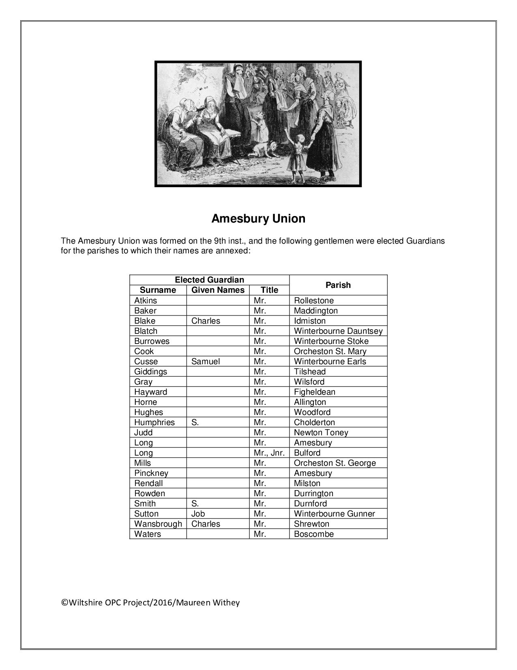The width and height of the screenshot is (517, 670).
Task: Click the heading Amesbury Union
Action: click(x=258, y=219)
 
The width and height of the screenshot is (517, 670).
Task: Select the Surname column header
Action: click(x=158, y=290)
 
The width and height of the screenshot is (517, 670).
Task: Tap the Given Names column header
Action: click(x=218, y=290)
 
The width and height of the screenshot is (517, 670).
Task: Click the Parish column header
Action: click(x=338, y=285)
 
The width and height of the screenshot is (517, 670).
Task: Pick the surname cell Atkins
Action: click(x=146, y=300)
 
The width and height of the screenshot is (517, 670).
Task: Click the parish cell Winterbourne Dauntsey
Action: click(x=338, y=331)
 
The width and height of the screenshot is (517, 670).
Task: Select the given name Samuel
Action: click(x=206, y=361)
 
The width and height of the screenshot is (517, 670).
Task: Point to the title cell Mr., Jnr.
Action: click(x=269, y=453)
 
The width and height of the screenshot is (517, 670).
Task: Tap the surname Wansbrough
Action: click(x=158, y=524)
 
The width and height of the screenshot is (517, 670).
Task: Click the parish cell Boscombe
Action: click(x=313, y=534)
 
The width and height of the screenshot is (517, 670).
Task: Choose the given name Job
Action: click(x=198, y=514)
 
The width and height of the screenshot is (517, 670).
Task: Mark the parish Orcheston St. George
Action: click(x=335, y=463)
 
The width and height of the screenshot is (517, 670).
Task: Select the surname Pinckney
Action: click(x=151, y=473)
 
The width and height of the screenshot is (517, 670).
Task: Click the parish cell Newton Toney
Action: click(x=321, y=432)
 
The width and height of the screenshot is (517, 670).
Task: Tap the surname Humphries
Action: click(x=154, y=422)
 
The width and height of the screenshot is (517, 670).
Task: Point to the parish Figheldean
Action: click(x=314, y=392)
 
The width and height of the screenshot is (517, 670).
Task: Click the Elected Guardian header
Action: click(x=209, y=280)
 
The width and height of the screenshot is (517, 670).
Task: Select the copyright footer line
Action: click(x=150, y=603)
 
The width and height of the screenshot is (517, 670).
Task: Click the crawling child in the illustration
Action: click(x=265, y=149)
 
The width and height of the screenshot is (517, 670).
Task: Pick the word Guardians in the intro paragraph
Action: click(x=425, y=241)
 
